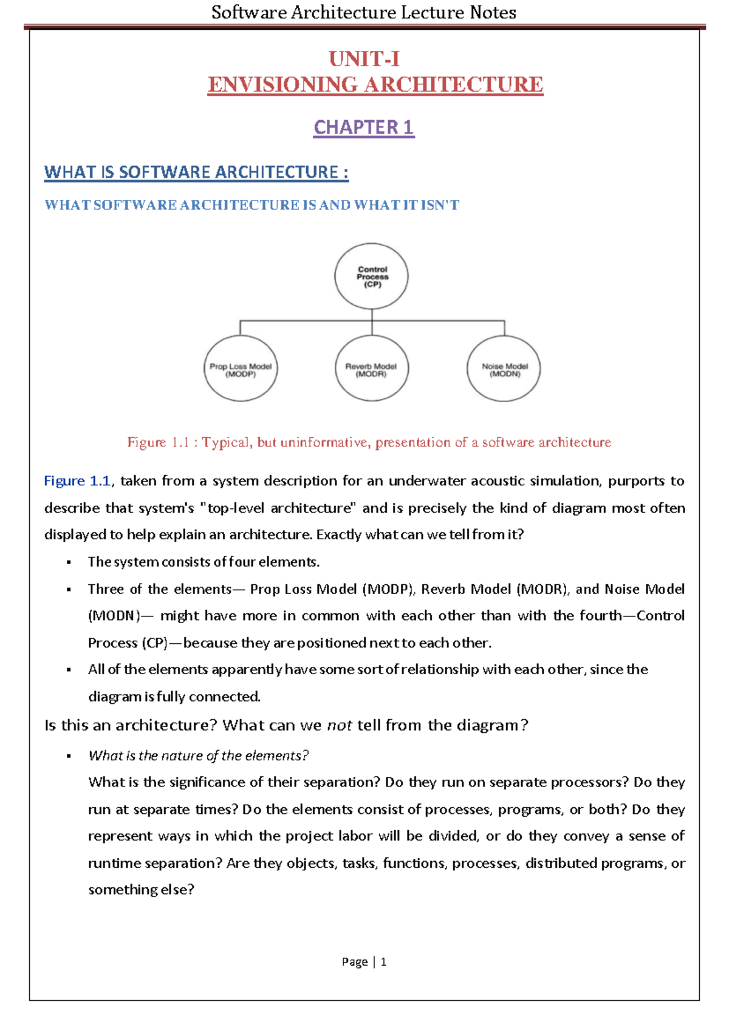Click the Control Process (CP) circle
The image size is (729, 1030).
pos(371,276)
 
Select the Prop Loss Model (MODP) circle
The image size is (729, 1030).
pos(241,369)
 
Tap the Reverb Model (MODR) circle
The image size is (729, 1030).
pos(371,369)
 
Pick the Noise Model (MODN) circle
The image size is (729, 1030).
pos(504,369)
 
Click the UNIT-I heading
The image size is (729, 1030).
pos(364,59)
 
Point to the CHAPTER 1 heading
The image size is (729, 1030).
pos(364,127)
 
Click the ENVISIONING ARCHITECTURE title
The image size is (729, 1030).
pos(375,84)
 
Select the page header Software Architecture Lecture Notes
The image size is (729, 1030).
pos(364,12)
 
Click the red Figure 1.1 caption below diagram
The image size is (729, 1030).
pos(369,442)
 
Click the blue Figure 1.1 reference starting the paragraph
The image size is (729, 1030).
pos(77,481)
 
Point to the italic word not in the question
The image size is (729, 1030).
pos(340,725)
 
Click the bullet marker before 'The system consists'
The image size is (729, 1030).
pos(69,562)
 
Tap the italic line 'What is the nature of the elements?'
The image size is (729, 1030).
pos(198,755)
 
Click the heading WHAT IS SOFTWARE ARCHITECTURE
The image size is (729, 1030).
pos(196,172)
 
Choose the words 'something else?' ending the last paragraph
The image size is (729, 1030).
pos(141,890)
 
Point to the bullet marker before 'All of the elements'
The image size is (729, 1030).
pos(69,670)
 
